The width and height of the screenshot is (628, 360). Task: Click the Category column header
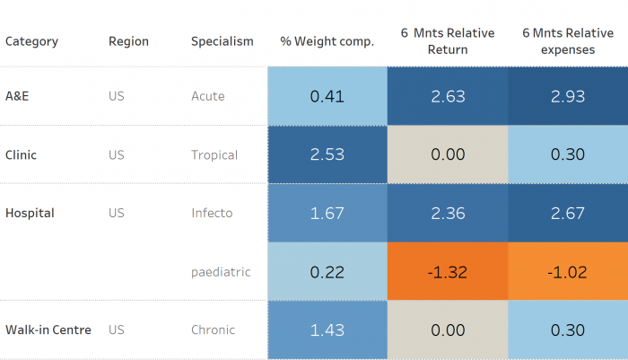click(x=31, y=41)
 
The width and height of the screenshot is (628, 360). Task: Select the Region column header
click(x=128, y=41)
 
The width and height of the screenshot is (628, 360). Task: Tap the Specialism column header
click(x=222, y=41)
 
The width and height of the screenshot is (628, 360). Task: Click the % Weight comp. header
click(x=327, y=41)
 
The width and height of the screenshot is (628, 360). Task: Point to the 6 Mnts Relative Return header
click(x=448, y=41)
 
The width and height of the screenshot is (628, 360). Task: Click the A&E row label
click(x=17, y=96)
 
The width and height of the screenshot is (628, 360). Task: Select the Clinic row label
click(x=21, y=154)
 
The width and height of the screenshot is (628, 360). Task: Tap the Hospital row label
click(x=30, y=213)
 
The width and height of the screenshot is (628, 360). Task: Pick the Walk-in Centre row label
click(x=48, y=329)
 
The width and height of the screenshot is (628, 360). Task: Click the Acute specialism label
click(x=208, y=96)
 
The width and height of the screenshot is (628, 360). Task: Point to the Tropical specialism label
click(x=214, y=154)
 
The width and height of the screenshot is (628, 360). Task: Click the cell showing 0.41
click(x=327, y=96)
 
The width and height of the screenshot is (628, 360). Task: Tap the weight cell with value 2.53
click(x=327, y=154)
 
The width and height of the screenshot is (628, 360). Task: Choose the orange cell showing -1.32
click(x=448, y=271)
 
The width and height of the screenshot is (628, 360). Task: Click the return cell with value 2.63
click(x=448, y=96)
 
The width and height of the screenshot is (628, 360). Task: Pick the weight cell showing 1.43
click(x=327, y=329)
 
